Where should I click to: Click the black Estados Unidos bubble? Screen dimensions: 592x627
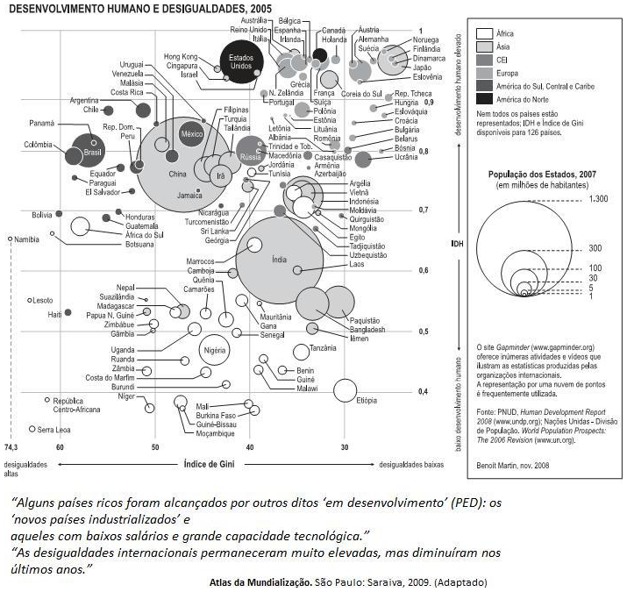(x=235, y=64)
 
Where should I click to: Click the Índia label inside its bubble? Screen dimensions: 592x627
(x=279, y=260)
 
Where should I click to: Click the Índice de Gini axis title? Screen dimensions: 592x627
(x=215, y=462)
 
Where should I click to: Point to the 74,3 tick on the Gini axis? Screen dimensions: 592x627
(x=13, y=447)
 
